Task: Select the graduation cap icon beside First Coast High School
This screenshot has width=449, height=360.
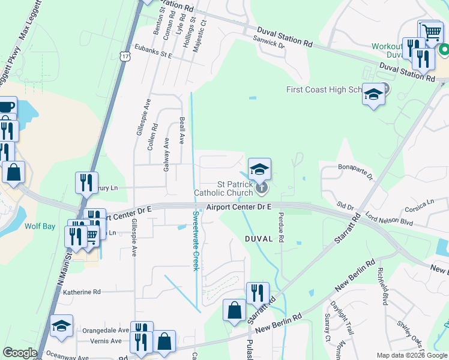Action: pyautogui.click(x=373, y=95)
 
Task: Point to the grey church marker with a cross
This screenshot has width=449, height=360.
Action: pyautogui.click(x=261, y=188)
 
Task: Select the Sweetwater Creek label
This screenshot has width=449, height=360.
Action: pyautogui.click(x=195, y=241)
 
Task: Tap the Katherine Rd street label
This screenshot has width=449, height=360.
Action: pyautogui.click(x=82, y=292)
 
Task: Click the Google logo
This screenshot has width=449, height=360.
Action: pyautogui.click(x=20, y=353)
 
